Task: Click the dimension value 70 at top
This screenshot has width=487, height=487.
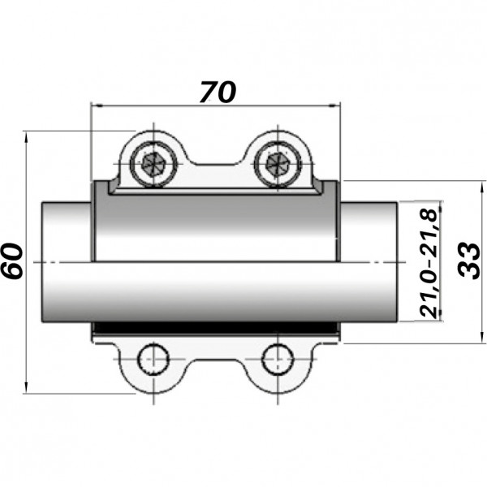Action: click(217, 91)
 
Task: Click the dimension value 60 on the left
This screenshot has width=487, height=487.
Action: click(14, 261)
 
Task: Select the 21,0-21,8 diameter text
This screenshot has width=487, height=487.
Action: click(429, 262)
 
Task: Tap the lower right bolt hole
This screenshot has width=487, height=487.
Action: click(277, 357)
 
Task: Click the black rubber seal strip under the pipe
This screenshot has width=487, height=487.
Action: click(215, 329)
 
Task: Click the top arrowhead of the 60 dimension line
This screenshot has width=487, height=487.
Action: click(28, 136)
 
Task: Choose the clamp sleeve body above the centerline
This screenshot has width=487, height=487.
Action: click(215, 227)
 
